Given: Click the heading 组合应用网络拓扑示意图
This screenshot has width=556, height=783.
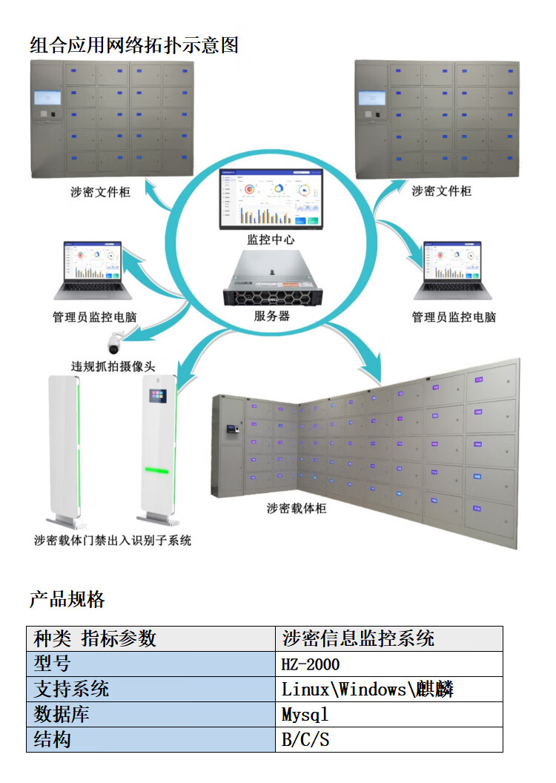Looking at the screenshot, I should (x=134, y=45).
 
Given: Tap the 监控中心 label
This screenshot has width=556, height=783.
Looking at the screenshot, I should (x=271, y=240).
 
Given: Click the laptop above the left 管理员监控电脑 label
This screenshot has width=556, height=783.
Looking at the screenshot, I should (x=94, y=266).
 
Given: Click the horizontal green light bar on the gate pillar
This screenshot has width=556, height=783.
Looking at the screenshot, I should (x=157, y=470).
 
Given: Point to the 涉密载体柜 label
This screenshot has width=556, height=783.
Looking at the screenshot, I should (x=297, y=509).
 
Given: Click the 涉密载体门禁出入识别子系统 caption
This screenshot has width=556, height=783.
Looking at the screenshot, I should (x=113, y=541).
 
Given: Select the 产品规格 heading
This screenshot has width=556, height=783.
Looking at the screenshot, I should (x=67, y=599).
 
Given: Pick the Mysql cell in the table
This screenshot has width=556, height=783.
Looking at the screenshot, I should (x=305, y=715).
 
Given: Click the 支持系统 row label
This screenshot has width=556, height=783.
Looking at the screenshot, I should (x=71, y=689).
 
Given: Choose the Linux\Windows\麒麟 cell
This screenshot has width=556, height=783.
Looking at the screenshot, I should (x=368, y=690).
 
